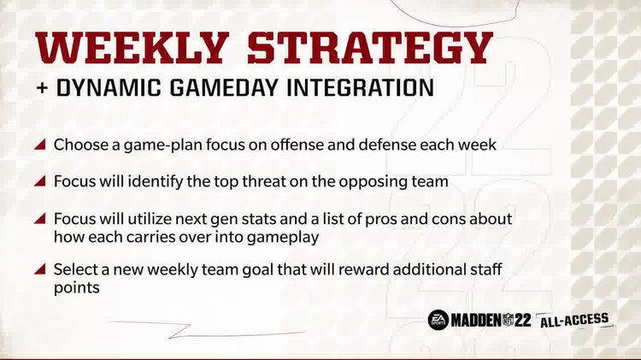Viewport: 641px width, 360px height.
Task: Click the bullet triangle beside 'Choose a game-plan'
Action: pos(40,145)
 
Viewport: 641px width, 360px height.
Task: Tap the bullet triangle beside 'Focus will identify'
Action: pos(40,182)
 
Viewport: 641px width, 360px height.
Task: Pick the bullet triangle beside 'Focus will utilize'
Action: pos(40,219)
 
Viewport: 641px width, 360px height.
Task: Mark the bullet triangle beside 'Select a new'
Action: pos(40,270)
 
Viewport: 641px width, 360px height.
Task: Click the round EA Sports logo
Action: pos(438,321)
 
